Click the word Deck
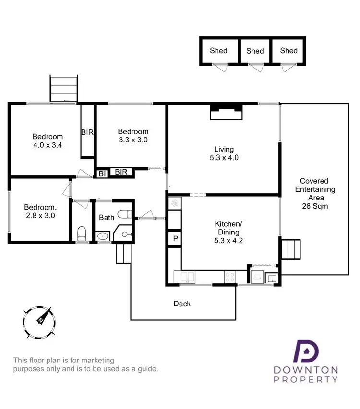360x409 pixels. point(182,304)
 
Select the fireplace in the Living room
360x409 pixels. point(226,114)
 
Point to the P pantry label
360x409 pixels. point(175,238)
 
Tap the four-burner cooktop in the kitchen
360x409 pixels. point(230,277)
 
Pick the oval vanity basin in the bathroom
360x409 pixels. point(102,236)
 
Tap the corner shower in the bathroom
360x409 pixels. point(125,234)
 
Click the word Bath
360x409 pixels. point(107,217)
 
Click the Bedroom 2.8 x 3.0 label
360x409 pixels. point(40,211)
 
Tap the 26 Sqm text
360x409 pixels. point(314,206)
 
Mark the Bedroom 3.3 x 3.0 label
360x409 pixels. point(133,136)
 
